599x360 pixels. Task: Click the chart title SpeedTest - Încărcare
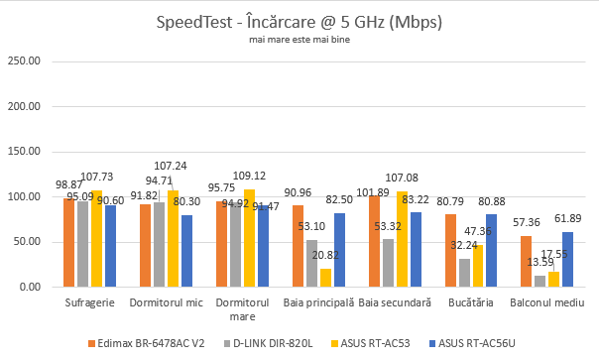click(x=299, y=21)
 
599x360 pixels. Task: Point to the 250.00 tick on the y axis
click(x=24, y=61)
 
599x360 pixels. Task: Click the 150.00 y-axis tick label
click(x=24, y=152)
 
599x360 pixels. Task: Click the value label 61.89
click(x=568, y=217)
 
